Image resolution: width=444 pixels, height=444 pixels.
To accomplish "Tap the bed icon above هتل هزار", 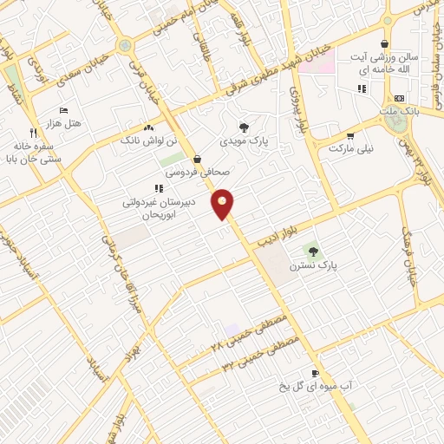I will click(62, 111).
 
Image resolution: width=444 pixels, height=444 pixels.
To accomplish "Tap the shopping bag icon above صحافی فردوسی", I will click(198, 160).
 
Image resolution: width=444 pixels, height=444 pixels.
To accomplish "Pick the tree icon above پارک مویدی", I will click(244, 127).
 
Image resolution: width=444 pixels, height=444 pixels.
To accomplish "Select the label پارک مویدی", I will click(245, 140).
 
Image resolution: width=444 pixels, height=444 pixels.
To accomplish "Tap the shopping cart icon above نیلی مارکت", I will click(350, 136).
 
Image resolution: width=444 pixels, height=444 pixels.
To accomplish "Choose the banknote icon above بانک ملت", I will click(398, 99).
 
